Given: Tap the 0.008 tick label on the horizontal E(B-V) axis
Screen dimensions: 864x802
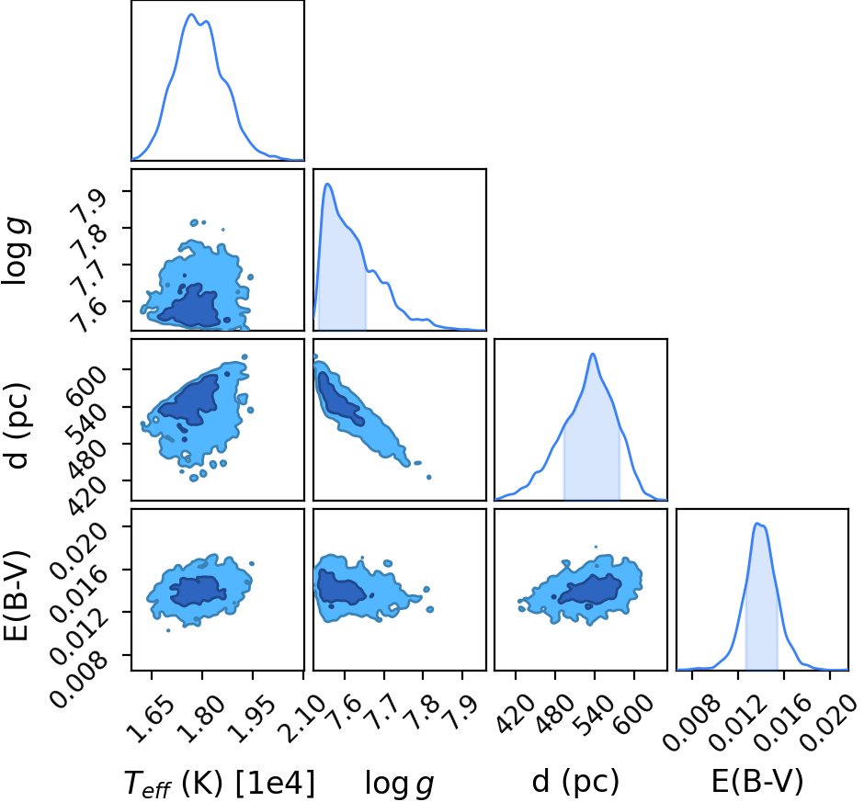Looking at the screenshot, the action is (691, 718).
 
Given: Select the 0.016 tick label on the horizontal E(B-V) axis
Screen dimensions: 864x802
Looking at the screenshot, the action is (783, 718).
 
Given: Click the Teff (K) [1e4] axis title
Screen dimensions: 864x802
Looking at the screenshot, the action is (219, 783).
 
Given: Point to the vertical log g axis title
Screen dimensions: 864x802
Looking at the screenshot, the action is (17, 251).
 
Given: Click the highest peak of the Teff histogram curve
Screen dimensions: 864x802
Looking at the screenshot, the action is (191, 15).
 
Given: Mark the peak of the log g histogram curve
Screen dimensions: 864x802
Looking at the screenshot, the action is (327, 184).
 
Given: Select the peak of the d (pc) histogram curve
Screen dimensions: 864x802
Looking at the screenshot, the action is (593, 354).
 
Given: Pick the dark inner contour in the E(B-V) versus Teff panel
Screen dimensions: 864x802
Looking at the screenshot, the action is (198, 591).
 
